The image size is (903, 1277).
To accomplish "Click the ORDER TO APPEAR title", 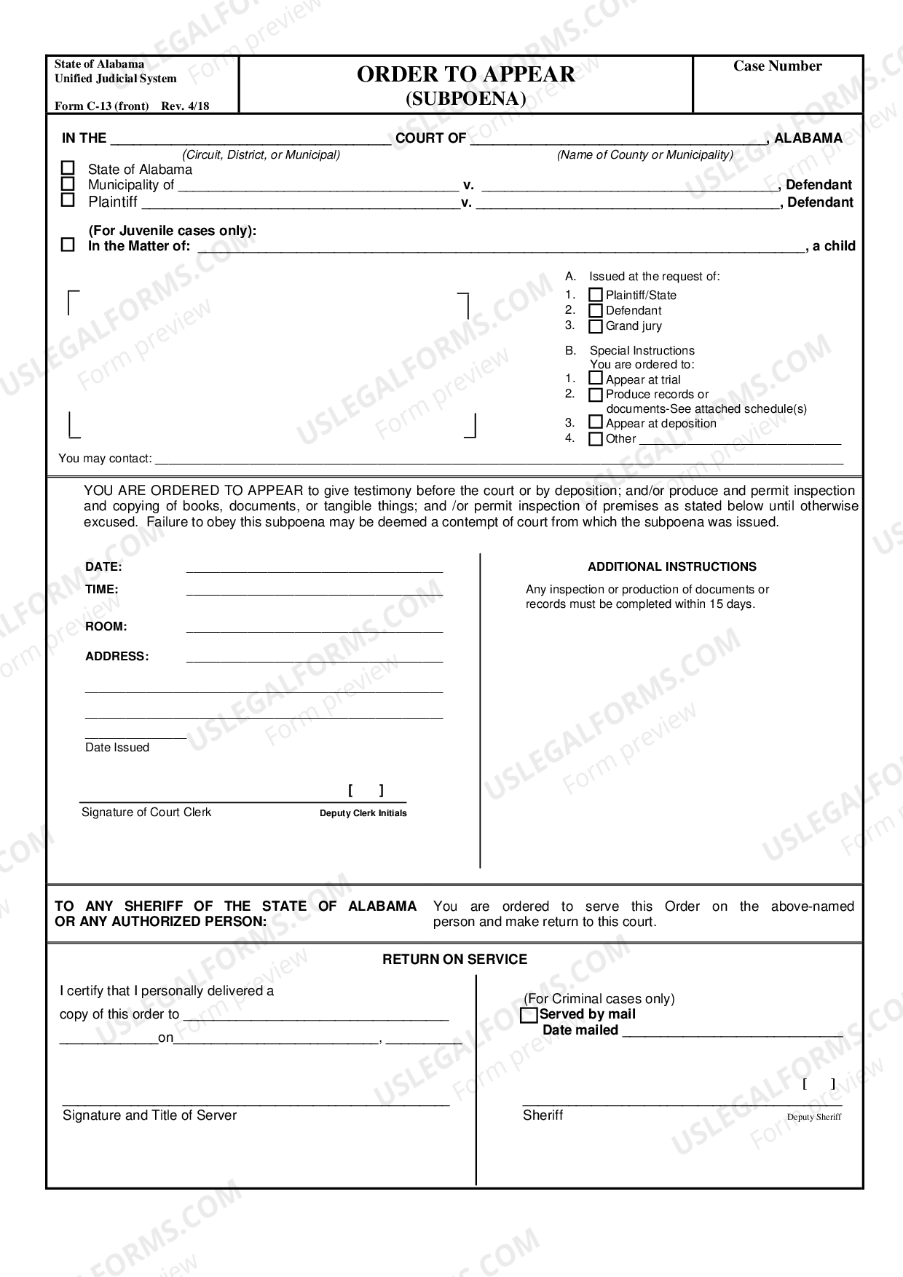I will coord(465,74).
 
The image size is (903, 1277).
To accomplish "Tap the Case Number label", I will coord(777,66).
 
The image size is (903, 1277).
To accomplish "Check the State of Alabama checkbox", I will coord(68,169).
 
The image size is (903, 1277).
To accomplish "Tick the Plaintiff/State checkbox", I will coord(596,296).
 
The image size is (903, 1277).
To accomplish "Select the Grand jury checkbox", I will coord(596,326).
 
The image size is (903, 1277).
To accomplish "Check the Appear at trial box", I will coord(596,379).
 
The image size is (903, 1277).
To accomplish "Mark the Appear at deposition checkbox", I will coord(596,422).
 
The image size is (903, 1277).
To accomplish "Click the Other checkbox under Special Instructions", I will coord(596,439).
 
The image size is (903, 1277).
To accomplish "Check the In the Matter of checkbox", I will coord(68,245).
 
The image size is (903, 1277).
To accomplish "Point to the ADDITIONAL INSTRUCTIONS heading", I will coord(671,566).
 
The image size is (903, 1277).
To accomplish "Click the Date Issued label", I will coord(117,748).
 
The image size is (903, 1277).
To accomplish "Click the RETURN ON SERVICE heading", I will coord(454,960).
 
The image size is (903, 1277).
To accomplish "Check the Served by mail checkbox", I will coord(529,1015).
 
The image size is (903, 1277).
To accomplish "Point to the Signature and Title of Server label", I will coord(149,1115).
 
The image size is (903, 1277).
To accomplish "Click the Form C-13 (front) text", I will coord(101,106).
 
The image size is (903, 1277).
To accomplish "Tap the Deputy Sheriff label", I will coord(813,1118).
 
